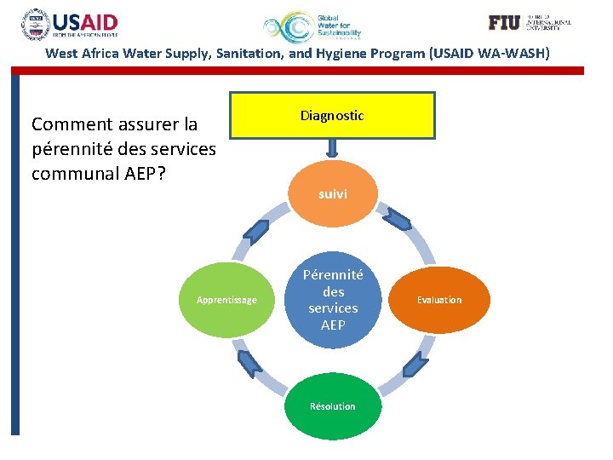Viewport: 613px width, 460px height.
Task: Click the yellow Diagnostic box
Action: [332, 115]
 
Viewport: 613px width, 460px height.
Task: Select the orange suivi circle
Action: [333, 194]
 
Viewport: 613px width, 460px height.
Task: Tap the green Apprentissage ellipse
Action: [226, 300]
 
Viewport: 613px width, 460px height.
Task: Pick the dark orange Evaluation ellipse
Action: [439, 300]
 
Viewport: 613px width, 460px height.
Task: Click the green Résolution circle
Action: [333, 405]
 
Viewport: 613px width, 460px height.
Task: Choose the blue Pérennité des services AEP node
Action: [333, 300]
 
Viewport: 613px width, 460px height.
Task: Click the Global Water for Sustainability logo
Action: [312, 27]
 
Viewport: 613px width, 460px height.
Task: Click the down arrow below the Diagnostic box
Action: [333, 149]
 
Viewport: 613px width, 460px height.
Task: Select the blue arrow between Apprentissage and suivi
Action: [255, 231]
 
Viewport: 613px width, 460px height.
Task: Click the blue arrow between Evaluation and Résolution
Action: [411, 365]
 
